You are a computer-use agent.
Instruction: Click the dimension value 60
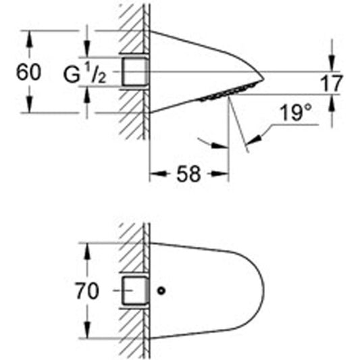(28, 72)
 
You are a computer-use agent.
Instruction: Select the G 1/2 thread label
(85, 74)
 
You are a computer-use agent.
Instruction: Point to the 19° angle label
(296, 113)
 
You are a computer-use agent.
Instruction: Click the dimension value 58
(188, 174)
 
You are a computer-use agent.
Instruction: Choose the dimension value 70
(87, 291)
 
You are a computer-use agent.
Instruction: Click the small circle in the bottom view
(161, 290)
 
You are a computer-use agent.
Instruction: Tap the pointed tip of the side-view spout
(263, 79)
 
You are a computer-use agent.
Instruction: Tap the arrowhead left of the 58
(158, 174)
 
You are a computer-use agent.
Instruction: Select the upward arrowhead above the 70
(87, 252)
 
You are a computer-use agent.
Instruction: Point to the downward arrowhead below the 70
(87, 330)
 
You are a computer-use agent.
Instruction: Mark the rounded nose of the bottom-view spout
(264, 290)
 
